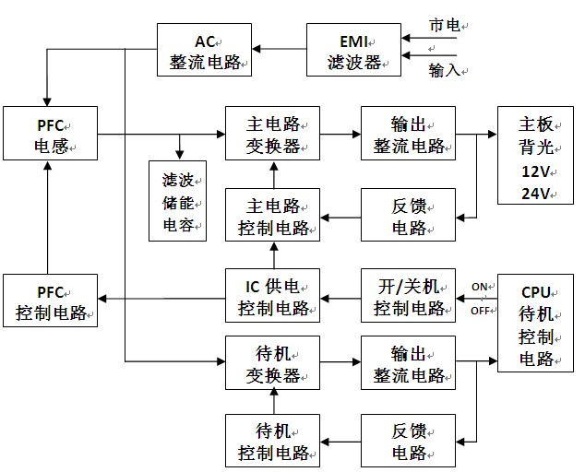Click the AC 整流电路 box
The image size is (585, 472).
[204, 50]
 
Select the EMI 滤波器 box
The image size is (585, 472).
[353, 50]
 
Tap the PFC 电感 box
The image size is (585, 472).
[51, 134]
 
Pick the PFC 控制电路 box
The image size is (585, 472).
[51, 301]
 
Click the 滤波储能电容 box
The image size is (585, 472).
[177, 201]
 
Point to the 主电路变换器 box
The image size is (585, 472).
[273, 134]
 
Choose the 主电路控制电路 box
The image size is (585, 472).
[273, 215]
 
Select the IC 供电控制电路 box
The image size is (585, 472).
[273, 295]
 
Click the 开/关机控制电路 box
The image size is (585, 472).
[408, 295]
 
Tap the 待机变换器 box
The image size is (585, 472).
[273, 363]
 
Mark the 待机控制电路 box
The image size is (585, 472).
[273, 441]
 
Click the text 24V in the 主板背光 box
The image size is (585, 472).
[535, 194]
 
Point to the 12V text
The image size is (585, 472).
[535, 171]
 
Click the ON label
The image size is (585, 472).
[480, 287]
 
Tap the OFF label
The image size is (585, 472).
[480, 311]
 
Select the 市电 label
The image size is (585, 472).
[445, 26]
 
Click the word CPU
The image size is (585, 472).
[535, 292]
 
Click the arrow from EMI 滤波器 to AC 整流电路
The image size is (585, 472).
[280, 49]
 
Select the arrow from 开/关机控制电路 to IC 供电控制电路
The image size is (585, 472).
[340, 299]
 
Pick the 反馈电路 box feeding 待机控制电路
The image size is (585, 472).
[408, 441]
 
